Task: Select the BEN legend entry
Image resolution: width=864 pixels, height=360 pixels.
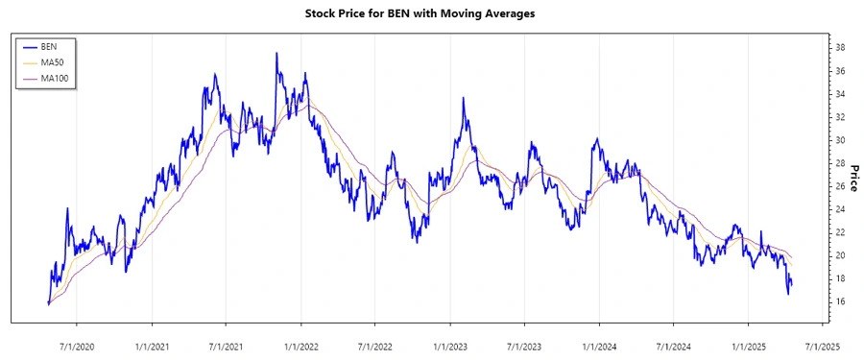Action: (x=50, y=46)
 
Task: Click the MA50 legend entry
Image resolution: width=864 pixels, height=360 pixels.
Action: (x=52, y=62)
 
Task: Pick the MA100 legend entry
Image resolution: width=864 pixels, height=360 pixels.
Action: (x=54, y=78)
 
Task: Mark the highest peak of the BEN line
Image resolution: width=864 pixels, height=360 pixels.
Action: (x=276, y=54)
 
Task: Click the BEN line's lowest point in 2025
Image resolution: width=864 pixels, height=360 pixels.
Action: (x=788, y=293)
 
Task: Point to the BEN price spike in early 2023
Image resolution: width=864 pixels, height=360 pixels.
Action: (x=464, y=98)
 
